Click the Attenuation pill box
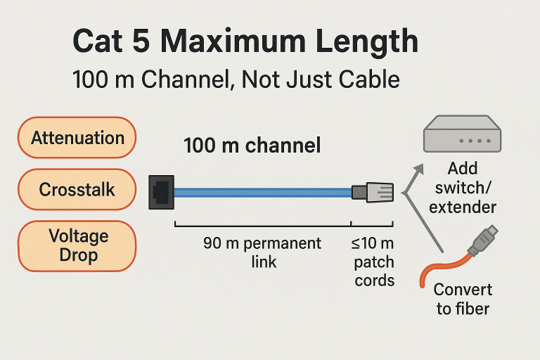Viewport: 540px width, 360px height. [x=77, y=138]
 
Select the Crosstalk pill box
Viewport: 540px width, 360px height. [x=77, y=190]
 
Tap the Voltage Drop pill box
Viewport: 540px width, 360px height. [x=77, y=245]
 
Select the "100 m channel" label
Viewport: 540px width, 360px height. [x=252, y=146]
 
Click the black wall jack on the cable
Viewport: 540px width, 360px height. [x=162, y=191]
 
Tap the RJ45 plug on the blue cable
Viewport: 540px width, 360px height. [x=373, y=192]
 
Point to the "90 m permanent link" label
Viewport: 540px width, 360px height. [x=262, y=252]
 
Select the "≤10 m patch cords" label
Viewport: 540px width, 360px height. [x=373, y=262]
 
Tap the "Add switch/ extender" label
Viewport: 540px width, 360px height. [x=462, y=188]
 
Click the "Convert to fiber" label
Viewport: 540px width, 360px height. [x=463, y=299]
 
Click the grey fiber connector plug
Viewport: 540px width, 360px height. [x=484, y=240]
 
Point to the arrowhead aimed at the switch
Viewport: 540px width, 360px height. [x=420, y=168]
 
